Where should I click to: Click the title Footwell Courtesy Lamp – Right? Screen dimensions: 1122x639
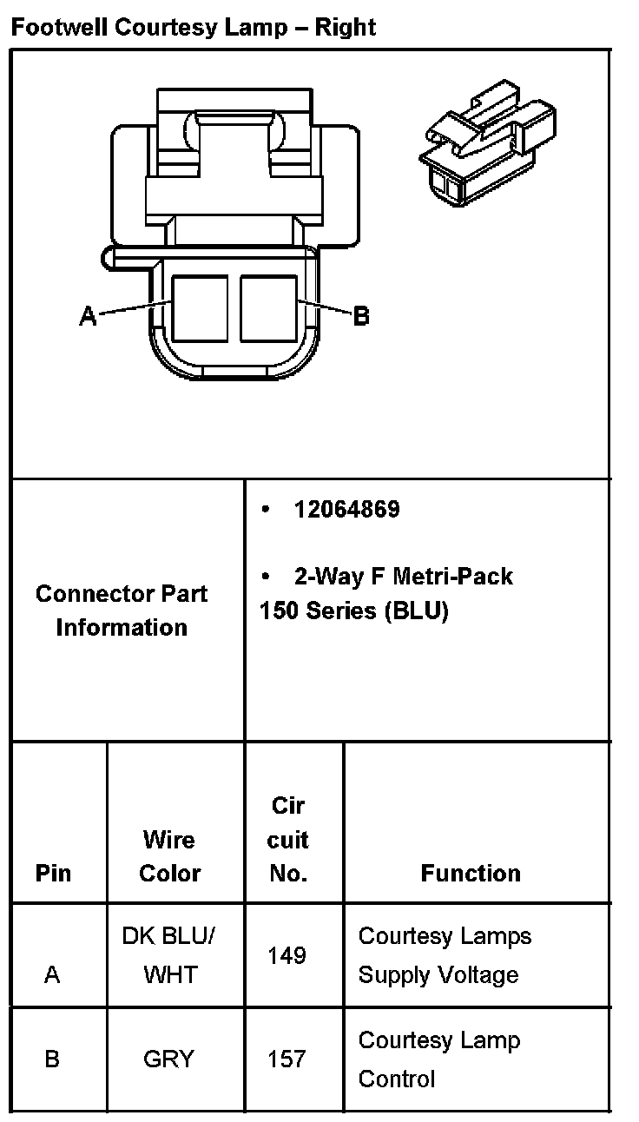coord(193,27)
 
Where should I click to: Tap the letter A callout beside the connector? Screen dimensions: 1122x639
coord(88,315)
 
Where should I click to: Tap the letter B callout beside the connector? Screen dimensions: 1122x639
coord(361,315)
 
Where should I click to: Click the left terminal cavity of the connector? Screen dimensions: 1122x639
coord(200,307)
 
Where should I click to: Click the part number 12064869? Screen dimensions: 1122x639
coord(346,509)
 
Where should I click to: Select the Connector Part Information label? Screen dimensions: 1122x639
coord(122,610)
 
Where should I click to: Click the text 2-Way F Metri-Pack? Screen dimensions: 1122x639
coord(404,576)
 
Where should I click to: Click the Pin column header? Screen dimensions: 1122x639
coord(54,873)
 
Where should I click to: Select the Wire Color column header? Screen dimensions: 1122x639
coord(169,856)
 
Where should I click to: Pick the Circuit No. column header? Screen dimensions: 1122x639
coord(288,840)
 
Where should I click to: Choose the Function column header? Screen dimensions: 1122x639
coord(471,873)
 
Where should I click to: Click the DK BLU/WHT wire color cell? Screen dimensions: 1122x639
coord(169,955)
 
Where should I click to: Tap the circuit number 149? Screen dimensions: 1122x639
coord(287,955)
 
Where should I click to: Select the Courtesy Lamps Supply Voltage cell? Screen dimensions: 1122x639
coord(445,955)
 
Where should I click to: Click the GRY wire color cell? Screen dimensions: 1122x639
coord(169,1059)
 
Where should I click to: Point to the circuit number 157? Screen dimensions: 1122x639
coord(287,1059)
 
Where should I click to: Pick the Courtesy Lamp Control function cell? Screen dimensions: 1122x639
coord(438,1059)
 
